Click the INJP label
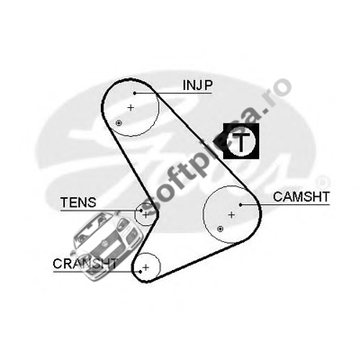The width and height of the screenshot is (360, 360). point(198,85)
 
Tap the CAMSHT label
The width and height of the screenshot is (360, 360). point(301,197)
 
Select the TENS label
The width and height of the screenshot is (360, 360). point(78,202)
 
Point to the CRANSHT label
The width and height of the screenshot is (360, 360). point(85,264)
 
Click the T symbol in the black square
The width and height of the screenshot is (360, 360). point(241,140)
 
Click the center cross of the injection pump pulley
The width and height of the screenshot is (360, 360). point(130,107)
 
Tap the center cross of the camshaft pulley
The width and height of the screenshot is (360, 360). point(231,214)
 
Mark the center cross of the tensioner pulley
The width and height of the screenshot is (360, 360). point(146,214)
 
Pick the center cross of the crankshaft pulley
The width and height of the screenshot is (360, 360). point(146,267)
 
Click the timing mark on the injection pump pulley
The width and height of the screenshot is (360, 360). point(119,122)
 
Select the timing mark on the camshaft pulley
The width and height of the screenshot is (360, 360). point(220,229)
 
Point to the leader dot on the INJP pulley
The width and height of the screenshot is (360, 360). point(135,93)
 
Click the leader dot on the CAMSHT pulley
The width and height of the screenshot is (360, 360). point(240,204)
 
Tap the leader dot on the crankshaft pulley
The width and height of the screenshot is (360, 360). point(140,272)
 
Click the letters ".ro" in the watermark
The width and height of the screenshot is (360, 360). point(278,92)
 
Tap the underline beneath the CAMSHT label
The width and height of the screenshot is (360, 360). point(285,204)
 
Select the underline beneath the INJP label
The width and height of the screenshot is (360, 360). point(174,93)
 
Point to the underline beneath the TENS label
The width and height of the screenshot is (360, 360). point(101,211)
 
